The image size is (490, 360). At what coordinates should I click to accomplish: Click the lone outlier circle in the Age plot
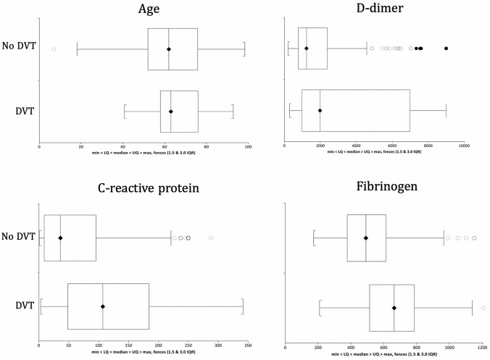[54, 49]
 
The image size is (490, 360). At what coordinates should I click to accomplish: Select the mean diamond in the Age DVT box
[170, 112]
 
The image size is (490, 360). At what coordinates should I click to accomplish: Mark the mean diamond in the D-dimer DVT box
[320, 111]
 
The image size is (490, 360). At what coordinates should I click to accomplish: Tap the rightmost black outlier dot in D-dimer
[446, 49]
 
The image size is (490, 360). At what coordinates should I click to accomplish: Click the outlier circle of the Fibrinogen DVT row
[483, 308]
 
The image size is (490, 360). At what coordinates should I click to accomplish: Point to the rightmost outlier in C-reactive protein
[211, 238]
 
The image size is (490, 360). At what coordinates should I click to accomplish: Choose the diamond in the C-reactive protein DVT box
[103, 306]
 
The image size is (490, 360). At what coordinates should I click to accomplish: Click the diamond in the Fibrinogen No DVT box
[366, 238]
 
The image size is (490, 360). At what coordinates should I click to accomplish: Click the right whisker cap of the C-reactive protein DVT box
[243, 306]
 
